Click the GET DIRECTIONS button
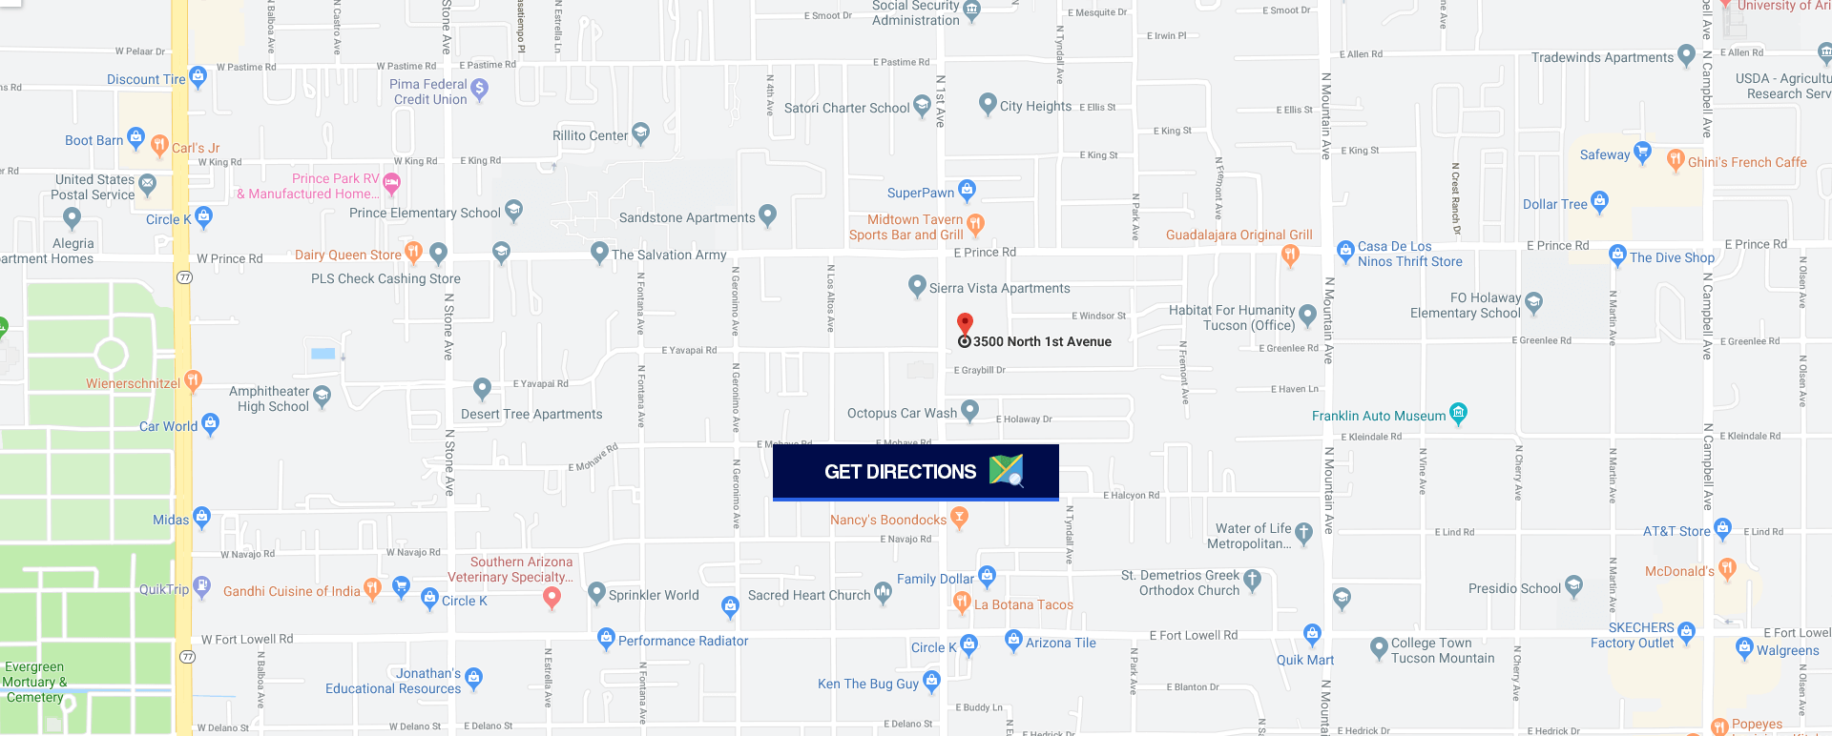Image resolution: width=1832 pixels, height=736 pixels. click(x=915, y=472)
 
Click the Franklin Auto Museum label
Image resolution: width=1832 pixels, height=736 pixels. click(x=1378, y=416)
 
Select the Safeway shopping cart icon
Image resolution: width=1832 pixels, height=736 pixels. click(x=1642, y=153)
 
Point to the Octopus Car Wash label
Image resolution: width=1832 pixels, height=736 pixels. click(x=902, y=413)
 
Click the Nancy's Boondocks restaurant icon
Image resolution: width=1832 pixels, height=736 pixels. click(x=960, y=518)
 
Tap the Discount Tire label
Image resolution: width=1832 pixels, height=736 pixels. click(x=146, y=79)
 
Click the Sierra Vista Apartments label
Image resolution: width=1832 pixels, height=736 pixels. click(x=999, y=288)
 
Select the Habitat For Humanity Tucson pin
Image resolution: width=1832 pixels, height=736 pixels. click(x=1307, y=315)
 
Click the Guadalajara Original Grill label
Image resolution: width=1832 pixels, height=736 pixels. click(x=1239, y=235)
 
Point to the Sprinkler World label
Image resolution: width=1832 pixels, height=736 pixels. click(x=654, y=595)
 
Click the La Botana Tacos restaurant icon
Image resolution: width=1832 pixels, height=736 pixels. click(x=962, y=602)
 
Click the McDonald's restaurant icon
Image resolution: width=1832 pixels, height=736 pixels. click(x=1727, y=569)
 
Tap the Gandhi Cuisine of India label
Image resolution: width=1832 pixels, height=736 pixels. click(x=291, y=591)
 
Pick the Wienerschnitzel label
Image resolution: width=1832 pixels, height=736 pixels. click(x=133, y=383)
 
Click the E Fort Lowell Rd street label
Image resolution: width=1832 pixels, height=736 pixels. click(x=1193, y=635)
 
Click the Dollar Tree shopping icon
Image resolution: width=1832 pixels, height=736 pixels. click(x=1600, y=201)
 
